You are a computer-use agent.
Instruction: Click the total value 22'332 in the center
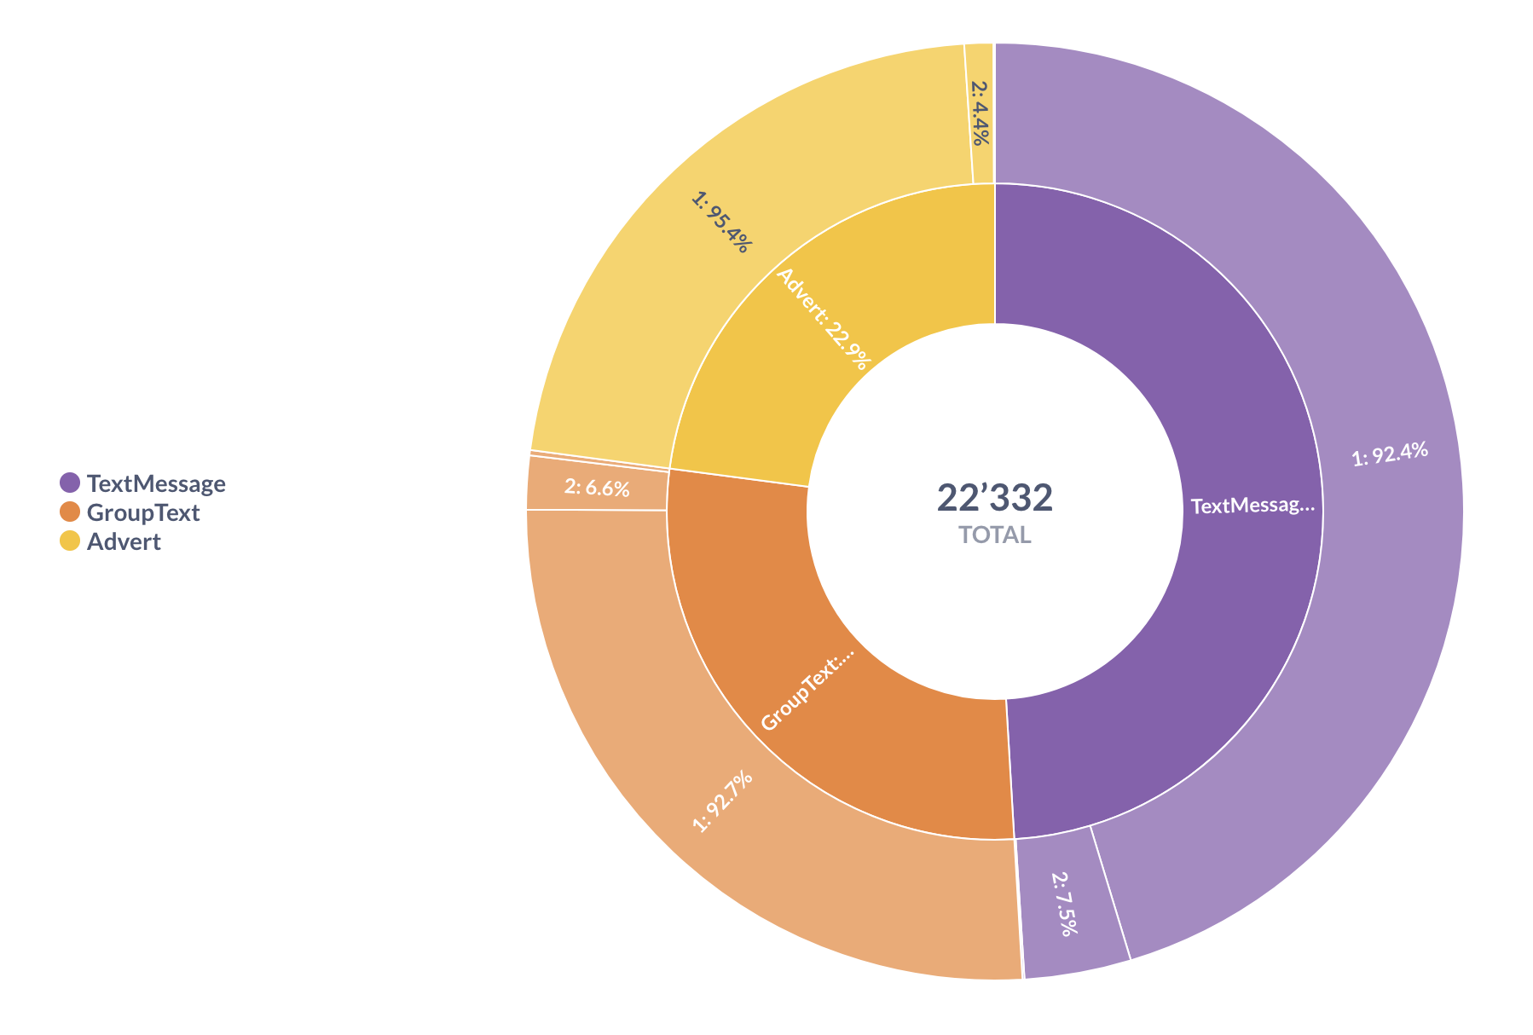click(994, 498)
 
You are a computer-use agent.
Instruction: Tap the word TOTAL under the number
click(994, 535)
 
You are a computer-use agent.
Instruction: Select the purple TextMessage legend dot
click(70, 483)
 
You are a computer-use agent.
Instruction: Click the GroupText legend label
click(143, 513)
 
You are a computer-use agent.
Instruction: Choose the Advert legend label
click(124, 542)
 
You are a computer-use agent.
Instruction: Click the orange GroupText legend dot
click(70, 512)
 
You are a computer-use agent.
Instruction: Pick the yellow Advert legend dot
click(70, 541)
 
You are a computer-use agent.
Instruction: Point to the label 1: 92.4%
click(1390, 454)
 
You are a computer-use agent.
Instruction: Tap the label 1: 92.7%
click(722, 801)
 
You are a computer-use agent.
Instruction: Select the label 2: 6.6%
click(597, 489)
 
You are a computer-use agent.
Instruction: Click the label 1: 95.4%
click(721, 222)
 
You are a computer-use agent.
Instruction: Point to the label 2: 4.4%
click(981, 113)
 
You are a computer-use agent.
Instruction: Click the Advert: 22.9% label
click(824, 319)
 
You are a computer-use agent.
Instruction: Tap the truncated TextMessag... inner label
click(1252, 506)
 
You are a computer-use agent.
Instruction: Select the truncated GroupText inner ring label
click(807, 691)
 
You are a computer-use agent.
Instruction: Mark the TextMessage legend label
click(156, 484)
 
